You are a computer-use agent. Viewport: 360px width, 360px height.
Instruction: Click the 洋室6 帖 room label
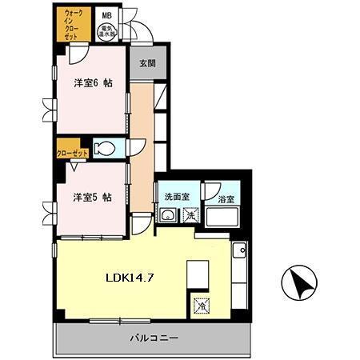tap(93, 82)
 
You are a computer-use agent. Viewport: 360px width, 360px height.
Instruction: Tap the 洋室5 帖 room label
tap(93, 196)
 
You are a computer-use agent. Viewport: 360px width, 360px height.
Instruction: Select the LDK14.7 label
tap(132, 278)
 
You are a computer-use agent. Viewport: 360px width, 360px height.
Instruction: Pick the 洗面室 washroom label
tap(176, 197)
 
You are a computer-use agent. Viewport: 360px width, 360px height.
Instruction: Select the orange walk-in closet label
tap(73, 24)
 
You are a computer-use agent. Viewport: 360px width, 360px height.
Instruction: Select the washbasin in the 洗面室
tap(170, 217)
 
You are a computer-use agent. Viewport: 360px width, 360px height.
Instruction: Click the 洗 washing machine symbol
tap(190, 216)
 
